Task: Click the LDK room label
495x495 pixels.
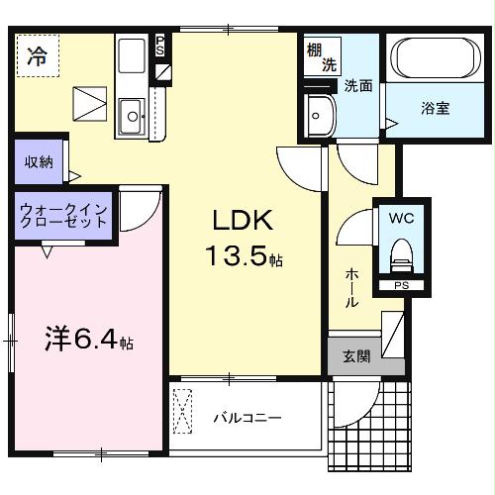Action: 238,221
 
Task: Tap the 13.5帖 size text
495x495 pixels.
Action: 244,257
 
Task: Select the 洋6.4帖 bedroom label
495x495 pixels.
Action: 88,342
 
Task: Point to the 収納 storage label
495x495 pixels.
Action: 39,162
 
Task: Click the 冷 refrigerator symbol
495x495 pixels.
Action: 37,55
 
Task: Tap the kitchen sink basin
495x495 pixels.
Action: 132,120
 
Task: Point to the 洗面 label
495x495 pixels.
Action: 357,85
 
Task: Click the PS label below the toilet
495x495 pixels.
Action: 400,288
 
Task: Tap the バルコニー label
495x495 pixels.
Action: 247,418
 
